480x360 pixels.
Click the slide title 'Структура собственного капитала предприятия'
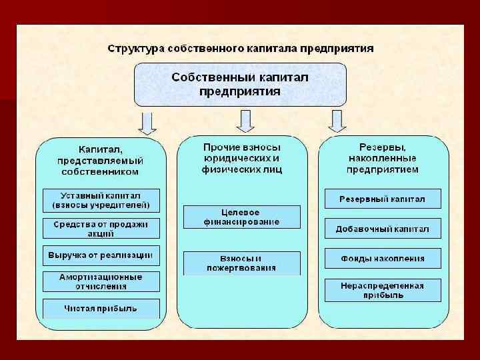[241, 49]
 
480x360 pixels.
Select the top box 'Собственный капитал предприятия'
[240, 84]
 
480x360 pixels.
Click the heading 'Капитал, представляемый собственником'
[101, 161]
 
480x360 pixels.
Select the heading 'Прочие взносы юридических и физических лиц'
[242, 158]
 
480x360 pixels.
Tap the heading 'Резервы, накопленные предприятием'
[383, 158]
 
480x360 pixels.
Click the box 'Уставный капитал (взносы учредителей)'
[101, 200]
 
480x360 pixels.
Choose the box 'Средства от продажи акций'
[101, 229]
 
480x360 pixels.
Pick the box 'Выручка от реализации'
[101, 255]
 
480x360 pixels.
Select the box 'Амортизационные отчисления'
[101, 281]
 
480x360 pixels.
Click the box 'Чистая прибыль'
[101, 308]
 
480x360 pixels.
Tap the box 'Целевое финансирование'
[241, 217]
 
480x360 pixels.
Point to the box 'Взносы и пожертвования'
[241, 263]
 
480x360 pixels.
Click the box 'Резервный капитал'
[382, 199]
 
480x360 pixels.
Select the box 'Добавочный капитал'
[382, 229]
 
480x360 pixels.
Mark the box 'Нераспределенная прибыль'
[382, 290]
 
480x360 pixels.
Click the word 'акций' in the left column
[101, 234]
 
